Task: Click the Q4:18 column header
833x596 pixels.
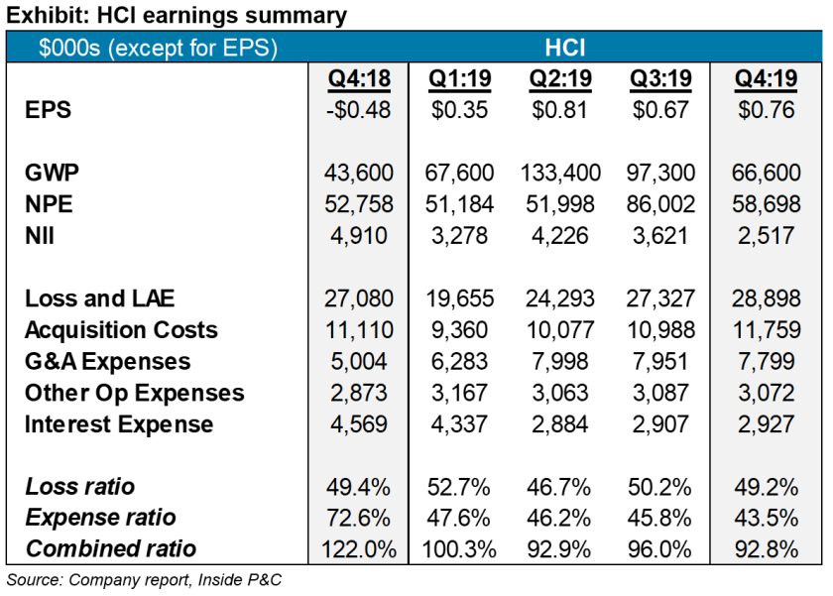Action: (x=359, y=78)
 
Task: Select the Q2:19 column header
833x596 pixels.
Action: (x=560, y=78)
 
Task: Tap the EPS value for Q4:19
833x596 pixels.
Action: (x=766, y=110)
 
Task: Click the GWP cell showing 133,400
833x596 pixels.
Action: (x=560, y=173)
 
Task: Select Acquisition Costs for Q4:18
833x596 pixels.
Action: (x=359, y=330)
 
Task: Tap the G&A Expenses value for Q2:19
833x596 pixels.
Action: (x=560, y=362)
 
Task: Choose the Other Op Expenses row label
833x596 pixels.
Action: (x=134, y=393)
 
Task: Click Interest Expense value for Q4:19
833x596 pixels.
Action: (x=766, y=424)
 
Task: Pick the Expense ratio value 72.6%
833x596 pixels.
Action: (x=359, y=518)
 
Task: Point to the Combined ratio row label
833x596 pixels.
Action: (x=110, y=548)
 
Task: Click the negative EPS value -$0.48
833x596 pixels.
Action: (x=359, y=110)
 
